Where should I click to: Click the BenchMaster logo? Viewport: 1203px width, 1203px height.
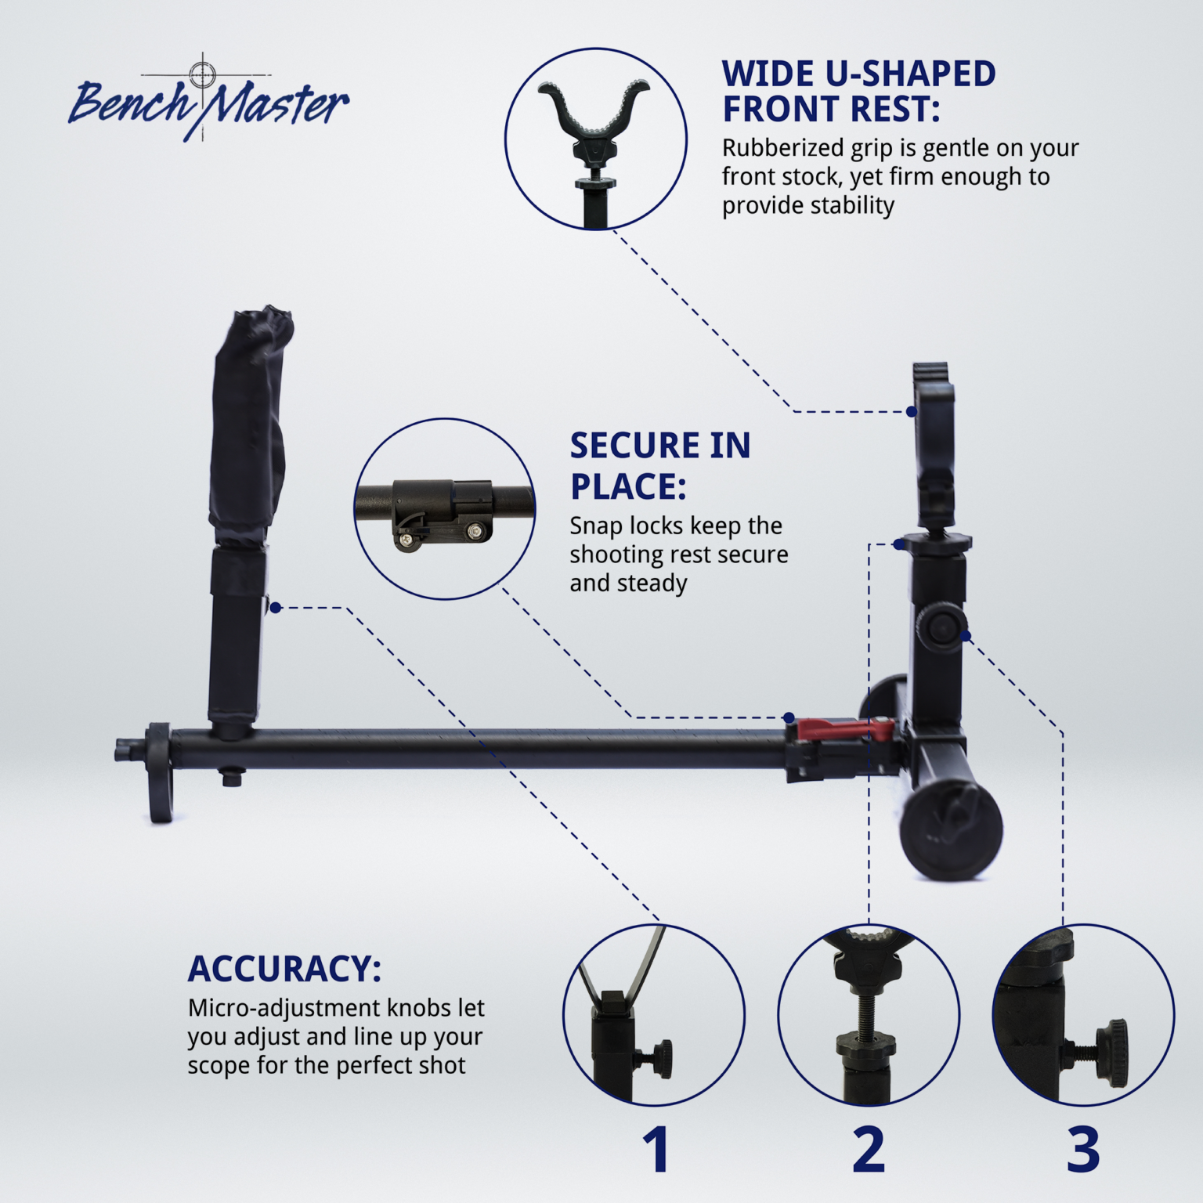(208, 102)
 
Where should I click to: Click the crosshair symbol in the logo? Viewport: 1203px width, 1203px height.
(203, 74)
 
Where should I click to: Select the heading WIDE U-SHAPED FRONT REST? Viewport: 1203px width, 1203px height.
(858, 92)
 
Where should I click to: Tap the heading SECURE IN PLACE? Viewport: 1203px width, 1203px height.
(659, 465)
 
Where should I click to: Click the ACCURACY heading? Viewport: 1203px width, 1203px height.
(284, 969)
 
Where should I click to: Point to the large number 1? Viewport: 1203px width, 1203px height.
(656, 1150)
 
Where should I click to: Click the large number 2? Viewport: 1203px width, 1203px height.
(869, 1150)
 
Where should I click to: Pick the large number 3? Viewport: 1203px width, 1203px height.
(1083, 1150)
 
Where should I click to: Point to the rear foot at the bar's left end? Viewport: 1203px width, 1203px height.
(159, 773)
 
